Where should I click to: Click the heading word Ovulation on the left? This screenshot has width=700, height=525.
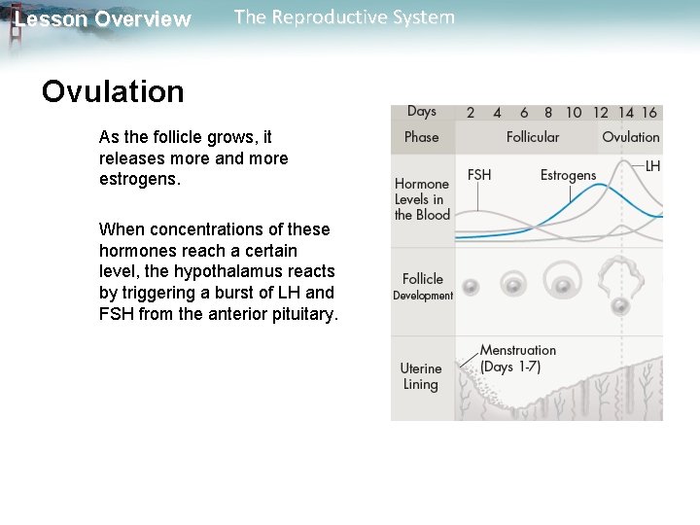tap(113, 91)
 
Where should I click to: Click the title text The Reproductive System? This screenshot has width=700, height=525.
tap(344, 17)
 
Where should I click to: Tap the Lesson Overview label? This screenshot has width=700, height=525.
tap(103, 19)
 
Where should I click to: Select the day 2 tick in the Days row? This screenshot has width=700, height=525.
tap(471, 113)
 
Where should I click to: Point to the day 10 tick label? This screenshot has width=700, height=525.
tap(574, 113)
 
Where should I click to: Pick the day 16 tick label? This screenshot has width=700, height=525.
tap(649, 113)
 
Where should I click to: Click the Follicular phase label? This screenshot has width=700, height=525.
tap(533, 137)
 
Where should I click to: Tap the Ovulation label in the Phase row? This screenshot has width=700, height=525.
tap(630, 137)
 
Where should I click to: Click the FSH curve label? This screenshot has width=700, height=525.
tap(479, 175)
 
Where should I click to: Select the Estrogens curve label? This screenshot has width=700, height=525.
tap(568, 175)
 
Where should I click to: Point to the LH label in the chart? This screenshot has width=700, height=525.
tap(652, 166)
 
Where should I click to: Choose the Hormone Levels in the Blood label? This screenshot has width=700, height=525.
tap(422, 198)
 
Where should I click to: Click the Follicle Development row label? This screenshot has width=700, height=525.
tap(423, 286)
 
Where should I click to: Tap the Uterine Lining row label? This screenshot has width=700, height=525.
tap(421, 376)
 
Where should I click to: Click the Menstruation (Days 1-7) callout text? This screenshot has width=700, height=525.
tap(518, 358)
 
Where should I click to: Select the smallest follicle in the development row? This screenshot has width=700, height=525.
tap(471, 288)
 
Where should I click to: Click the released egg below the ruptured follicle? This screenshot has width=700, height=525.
tap(620, 307)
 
